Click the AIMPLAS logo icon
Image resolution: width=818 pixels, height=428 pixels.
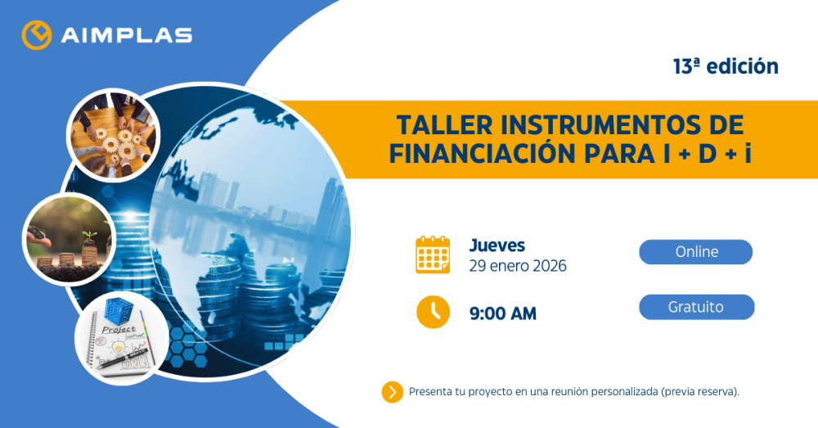click(x=37, y=35)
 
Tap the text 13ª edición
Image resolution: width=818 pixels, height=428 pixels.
click(x=726, y=67)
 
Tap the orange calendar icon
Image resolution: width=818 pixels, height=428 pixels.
click(x=433, y=255)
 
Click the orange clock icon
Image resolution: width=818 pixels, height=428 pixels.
click(x=433, y=312)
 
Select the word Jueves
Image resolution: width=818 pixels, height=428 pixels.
click(x=497, y=245)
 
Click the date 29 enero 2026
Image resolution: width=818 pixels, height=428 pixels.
click(x=518, y=266)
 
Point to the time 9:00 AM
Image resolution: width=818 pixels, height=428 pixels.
click(x=502, y=313)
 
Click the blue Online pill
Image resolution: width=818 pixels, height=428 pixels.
click(x=695, y=252)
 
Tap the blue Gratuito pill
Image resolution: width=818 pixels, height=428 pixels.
click(x=695, y=307)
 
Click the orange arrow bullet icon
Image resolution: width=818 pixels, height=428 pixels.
click(x=393, y=392)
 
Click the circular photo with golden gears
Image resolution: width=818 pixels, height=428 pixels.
click(x=112, y=134)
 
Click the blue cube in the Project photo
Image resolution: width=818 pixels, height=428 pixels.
click(x=123, y=315)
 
